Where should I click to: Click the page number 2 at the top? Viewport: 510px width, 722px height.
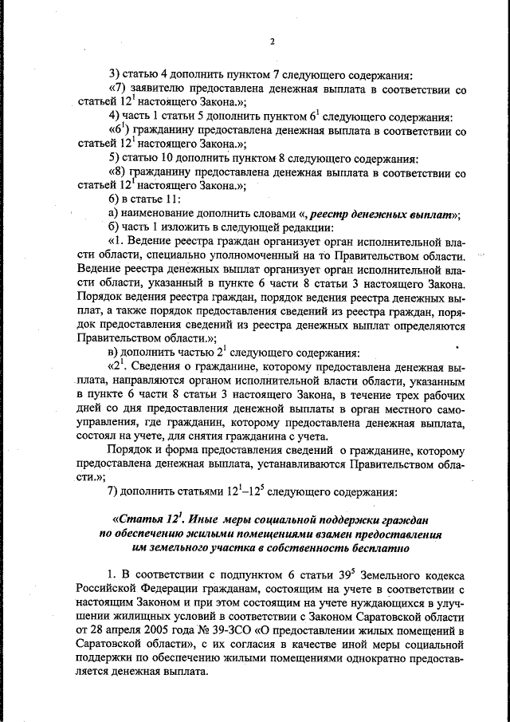pos(272,41)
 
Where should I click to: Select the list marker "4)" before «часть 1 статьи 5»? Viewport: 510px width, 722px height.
pos(114,116)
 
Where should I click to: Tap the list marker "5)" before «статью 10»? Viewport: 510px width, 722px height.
pos(114,157)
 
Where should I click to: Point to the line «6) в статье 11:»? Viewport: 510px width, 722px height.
pos(144,199)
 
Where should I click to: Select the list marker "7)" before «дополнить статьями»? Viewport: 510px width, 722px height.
pos(114,490)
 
